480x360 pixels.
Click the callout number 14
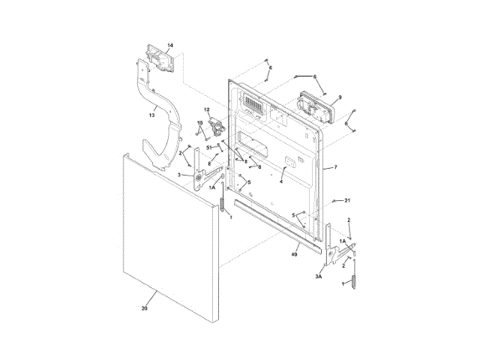169,46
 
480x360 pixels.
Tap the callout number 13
151,115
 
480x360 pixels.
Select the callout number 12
206,111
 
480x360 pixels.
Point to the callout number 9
340,97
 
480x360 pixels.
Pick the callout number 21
347,201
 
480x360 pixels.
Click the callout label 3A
318,277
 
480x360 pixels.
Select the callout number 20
144,308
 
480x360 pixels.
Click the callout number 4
281,181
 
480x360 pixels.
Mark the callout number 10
200,122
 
